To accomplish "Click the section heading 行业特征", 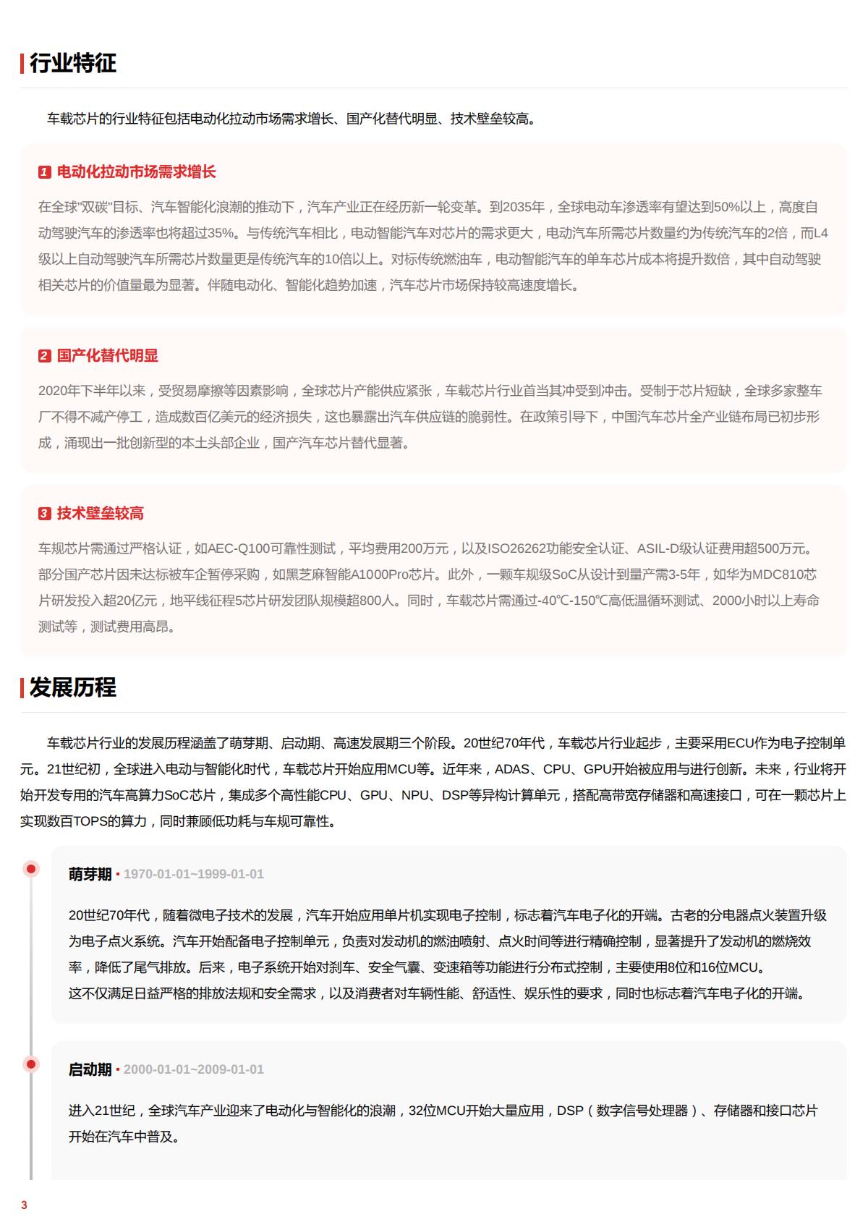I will [x=72, y=64].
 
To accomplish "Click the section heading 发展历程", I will [x=72, y=688].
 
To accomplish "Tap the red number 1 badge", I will [x=45, y=172].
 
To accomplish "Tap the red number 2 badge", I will [x=45, y=356].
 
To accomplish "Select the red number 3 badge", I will [x=45, y=514].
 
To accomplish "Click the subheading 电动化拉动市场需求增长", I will [x=136, y=172].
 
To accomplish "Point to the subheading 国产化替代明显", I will [x=107, y=356].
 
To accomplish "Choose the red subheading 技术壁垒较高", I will [x=100, y=514].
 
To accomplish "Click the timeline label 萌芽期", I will [x=90, y=874].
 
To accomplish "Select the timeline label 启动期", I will [x=90, y=1069].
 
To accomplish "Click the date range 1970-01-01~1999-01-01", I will [x=194, y=874].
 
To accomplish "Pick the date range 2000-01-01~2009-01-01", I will [x=194, y=1069].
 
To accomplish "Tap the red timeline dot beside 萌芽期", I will [x=31, y=869].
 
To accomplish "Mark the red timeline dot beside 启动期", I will [x=31, y=1064].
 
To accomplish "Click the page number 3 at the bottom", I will [x=24, y=1205].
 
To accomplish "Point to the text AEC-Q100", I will [x=239, y=548].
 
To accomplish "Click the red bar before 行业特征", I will [x=22, y=64].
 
